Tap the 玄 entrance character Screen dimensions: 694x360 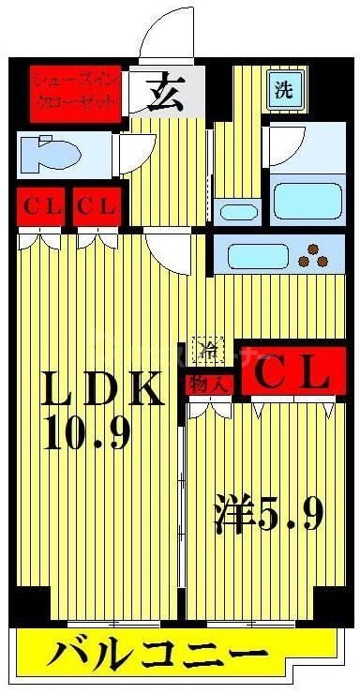click(166, 93)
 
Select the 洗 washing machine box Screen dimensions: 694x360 click(282, 90)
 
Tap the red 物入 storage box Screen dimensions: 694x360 click(208, 383)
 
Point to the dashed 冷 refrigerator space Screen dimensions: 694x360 click(209, 351)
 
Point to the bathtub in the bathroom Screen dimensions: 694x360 click(307, 199)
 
